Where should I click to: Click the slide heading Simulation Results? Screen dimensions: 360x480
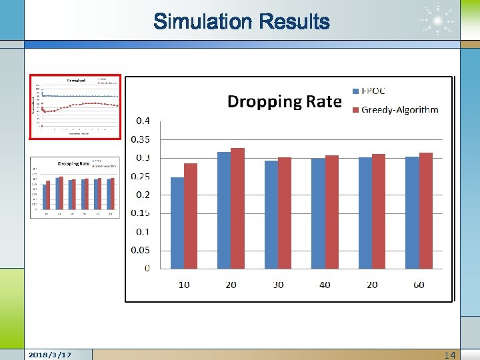pos(241,22)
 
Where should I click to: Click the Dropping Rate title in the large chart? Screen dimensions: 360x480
pos(285,101)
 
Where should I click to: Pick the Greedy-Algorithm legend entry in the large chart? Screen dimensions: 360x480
pos(395,109)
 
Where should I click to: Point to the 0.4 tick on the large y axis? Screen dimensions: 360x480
pos(143,121)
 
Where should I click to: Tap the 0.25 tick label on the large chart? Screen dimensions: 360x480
pos(141,177)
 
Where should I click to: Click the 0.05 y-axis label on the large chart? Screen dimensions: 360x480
pos(141,251)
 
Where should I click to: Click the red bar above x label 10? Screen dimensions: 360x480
pos(191,216)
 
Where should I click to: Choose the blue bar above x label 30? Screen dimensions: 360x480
pos(271,215)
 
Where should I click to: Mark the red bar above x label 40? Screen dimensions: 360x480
pos(332,212)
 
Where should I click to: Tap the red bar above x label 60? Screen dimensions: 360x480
pos(426,211)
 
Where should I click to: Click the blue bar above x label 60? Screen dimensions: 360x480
pos(412,213)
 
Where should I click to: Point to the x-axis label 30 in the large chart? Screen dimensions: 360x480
pos(278,285)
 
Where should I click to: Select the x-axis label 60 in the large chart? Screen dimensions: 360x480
pos(419,285)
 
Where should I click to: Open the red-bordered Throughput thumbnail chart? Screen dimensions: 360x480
pos(75,107)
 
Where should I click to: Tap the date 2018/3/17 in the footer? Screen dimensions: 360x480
pos(51,354)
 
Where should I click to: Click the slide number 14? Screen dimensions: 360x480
pos(450,355)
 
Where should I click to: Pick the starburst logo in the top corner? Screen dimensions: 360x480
pos(438,22)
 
